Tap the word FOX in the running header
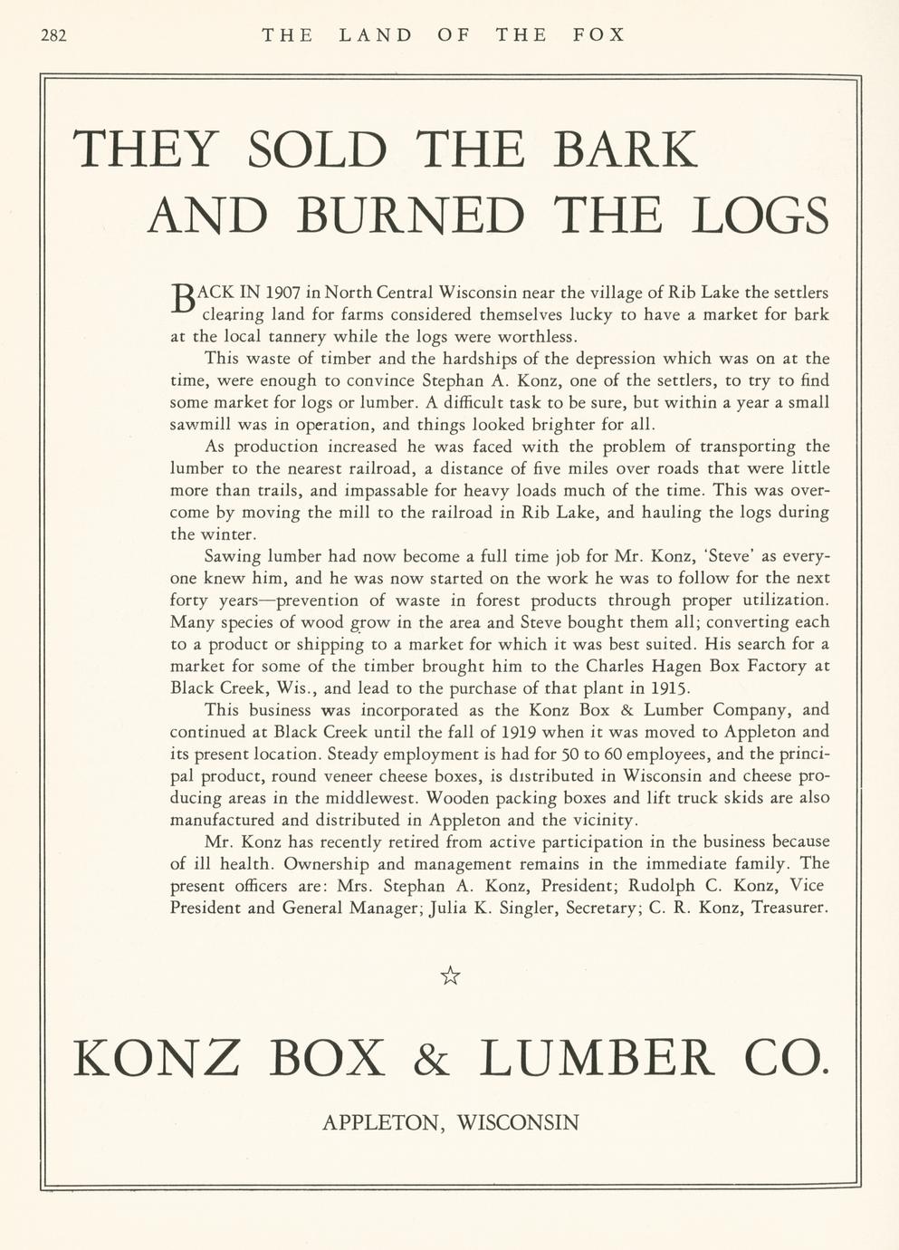(x=599, y=35)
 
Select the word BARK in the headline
(x=626, y=149)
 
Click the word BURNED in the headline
(x=410, y=216)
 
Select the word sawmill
(x=199, y=425)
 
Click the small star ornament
(x=450, y=976)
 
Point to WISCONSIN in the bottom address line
(x=518, y=1123)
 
